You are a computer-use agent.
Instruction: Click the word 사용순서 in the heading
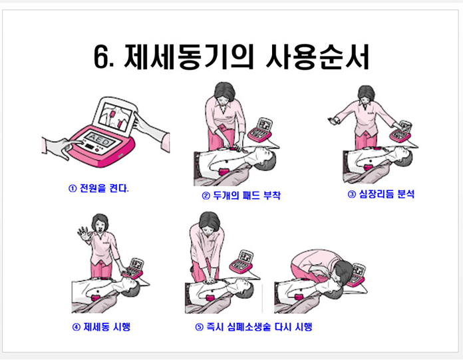(x=318, y=57)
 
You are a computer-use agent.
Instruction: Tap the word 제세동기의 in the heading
(x=188, y=57)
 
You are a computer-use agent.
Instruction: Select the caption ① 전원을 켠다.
(x=99, y=188)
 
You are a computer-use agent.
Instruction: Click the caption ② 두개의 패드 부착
(x=241, y=196)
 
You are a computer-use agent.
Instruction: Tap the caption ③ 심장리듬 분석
(x=381, y=194)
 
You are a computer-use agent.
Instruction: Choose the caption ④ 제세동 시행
(x=101, y=327)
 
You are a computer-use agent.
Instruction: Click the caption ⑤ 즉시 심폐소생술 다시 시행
(x=253, y=327)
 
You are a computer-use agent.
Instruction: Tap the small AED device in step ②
(x=260, y=130)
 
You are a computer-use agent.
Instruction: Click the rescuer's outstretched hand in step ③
(x=334, y=120)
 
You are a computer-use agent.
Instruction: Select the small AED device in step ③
(x=400, y=131)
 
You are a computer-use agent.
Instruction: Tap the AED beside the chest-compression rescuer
(x=242, y=262)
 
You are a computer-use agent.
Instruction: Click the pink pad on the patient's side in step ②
(x=224, y=172)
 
